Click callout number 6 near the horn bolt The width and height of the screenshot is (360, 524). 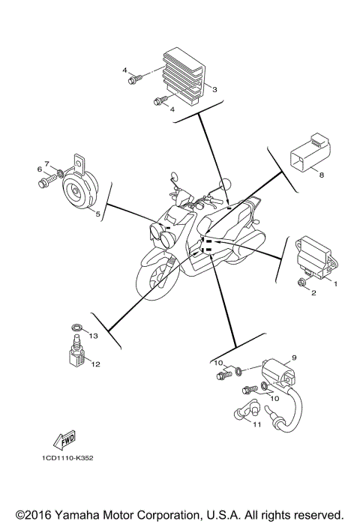[x=46, y=163]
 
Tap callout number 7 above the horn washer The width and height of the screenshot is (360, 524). [x=46, y=163]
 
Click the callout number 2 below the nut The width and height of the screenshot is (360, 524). [x=314, y=293]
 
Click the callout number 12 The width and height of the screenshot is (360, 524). [x=95, y=364]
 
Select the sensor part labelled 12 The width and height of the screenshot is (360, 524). [x=74, y=352]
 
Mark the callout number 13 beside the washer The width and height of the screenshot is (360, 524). [x=94, y=337]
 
